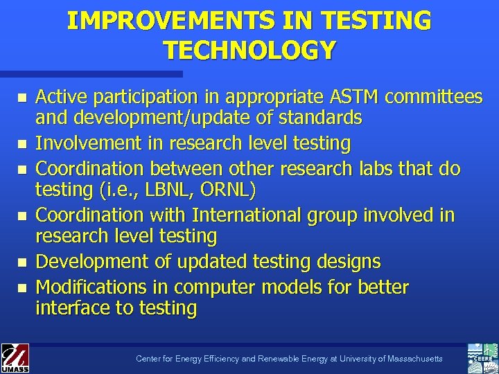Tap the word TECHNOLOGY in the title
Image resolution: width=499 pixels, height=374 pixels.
point(249,50)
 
